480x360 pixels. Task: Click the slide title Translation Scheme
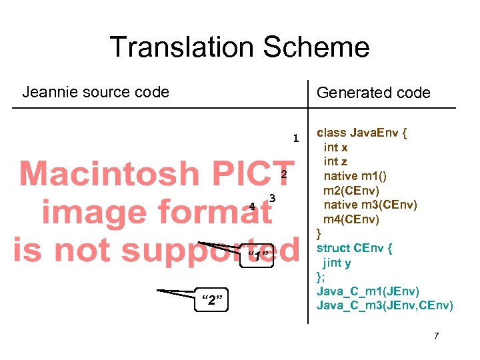(239, 47)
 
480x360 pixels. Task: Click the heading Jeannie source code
(96, 92)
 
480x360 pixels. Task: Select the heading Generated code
(373, 93)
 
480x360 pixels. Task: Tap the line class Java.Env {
(362, 132)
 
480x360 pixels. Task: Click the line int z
(335, 161)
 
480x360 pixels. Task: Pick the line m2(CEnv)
(352, 191)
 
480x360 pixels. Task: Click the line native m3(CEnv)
(370, 205)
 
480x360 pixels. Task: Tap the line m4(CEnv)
(352, 219)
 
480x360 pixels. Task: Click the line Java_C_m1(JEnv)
(368, 291)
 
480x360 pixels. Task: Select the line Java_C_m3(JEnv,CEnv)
(385, 306)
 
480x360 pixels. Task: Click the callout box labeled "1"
(257, 256)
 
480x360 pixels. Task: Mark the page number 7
(436, 335)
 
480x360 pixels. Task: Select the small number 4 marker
(252, 207)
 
